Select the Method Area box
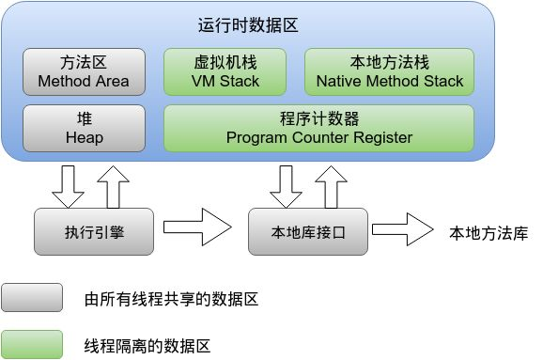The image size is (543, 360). coord(84,72)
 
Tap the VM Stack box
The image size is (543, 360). coord(225,72)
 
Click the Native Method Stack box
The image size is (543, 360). coord(390,72)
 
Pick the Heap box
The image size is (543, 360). coord(84,128)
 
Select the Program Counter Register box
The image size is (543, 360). coord(318,128)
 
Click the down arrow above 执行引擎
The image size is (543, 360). coord(68,185)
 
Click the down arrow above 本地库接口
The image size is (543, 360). coord(286,185)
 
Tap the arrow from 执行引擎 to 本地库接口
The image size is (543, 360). coord(197,228)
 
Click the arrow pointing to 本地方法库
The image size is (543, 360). coord(404,228)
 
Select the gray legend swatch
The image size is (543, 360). coord(32,298)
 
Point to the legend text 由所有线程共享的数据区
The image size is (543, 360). coord(170,300)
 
